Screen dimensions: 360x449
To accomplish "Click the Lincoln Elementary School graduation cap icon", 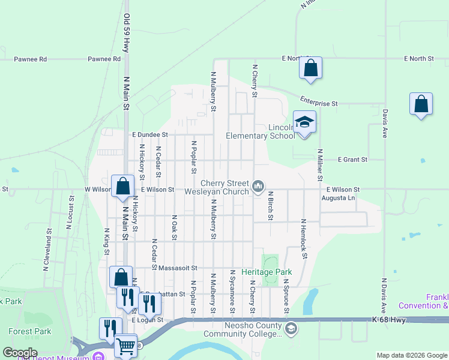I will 304,122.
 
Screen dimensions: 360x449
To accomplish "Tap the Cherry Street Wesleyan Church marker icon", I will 259,187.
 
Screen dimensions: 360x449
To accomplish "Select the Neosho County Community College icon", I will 291,328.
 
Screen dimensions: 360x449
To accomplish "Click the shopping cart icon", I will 125,346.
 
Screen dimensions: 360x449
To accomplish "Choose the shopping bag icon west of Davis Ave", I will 421,104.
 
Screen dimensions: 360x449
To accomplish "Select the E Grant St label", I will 352,160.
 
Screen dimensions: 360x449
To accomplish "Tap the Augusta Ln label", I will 339,197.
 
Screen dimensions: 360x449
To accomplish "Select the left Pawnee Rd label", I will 31,59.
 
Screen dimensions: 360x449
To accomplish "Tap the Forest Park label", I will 25,331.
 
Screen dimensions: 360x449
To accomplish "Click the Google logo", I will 20,353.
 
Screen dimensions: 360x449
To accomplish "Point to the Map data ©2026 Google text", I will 411,355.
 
